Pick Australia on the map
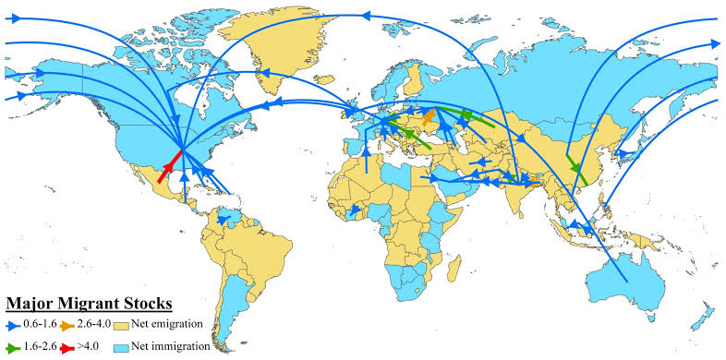pos(628,272)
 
